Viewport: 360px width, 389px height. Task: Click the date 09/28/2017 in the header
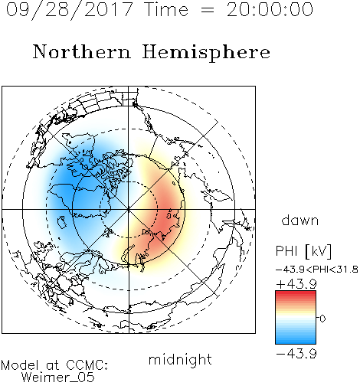[x=69, y=10]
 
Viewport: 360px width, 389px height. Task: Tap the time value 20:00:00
[x=270, y=9]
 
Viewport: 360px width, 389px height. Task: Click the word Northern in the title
[x=82, y=51]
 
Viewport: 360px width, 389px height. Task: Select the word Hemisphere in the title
[x=206, y=53]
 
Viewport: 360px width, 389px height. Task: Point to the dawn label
[x=300, y=220]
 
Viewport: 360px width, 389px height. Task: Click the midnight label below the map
[x=180, y=360]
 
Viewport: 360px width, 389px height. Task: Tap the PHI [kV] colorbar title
[x=303, y=251]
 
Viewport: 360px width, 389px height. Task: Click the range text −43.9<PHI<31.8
[x=317, y=270]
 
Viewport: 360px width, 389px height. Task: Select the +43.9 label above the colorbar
[x=296, y=283]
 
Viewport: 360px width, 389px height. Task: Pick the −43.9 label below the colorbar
[x=296, y=354]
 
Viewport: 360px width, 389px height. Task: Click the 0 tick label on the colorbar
[x=322, y=319]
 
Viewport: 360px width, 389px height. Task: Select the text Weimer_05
[x=58, y=378]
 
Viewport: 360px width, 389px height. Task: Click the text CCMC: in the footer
[x=87, y=365]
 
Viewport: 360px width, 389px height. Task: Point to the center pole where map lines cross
[x=129, y=210]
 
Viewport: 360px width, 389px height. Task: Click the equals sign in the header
[x=207, y=10]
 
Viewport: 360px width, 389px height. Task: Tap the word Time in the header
[x=166, y=9]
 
